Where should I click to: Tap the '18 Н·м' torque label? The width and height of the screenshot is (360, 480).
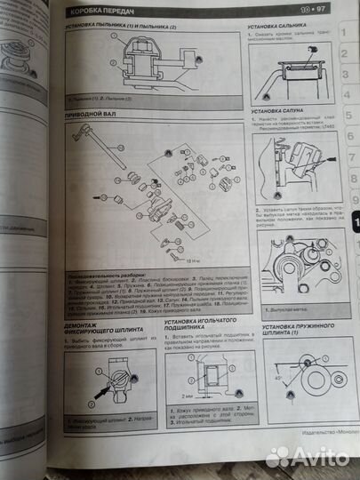(x=195, y=260)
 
